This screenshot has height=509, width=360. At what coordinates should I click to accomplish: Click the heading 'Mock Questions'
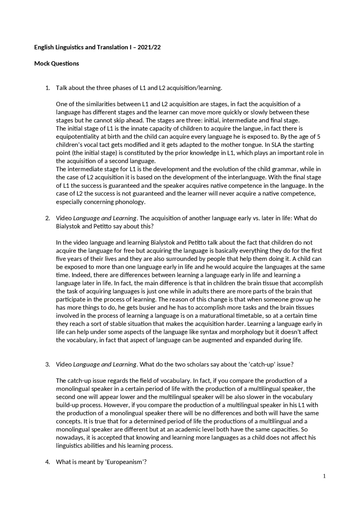[57, 64]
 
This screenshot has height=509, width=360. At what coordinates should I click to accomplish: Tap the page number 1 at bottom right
[324, 476]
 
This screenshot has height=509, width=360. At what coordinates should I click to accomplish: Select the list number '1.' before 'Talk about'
[48, 88]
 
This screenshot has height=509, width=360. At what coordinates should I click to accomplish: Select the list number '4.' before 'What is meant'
[48, 462]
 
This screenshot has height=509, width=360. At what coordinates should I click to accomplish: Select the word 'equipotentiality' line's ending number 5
[319, 137]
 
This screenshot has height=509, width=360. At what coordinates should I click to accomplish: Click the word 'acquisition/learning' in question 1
[194, 88]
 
